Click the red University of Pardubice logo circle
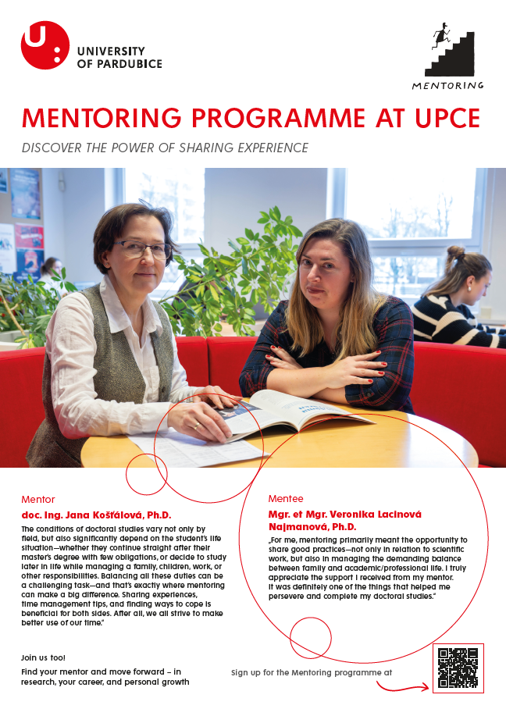click(x=45, y=45)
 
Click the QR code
click(x=458, y=668)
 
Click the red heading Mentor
click(x=38, y=500)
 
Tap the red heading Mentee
click(x=286, y=498)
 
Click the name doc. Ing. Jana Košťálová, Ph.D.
click(x=96, y=515)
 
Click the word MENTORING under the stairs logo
click(x=448, y=85)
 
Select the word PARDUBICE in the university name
click(x=127, y=63)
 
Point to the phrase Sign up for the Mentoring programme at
click(x=312, y=671)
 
